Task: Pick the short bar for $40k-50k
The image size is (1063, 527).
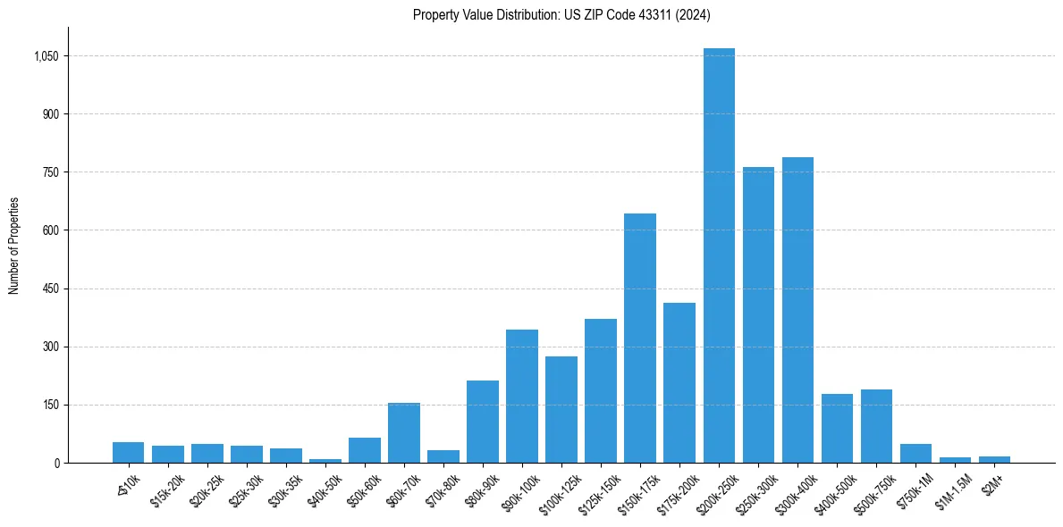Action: tap(325, 460)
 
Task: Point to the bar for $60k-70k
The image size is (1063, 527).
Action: tap(404, 433)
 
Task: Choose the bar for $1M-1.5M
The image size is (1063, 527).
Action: tap(955, 460)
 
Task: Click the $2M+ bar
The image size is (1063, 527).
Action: tap(994, 459)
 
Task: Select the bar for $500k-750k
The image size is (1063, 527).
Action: tap(876, 426)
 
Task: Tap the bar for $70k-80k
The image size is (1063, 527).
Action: tap(443, 456)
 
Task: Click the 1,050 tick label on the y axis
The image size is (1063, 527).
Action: tap(46, 56)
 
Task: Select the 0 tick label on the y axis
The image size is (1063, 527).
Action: tap(56, 463)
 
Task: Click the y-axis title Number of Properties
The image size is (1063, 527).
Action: tap(14, 245)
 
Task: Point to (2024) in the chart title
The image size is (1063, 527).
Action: tap(695, 14)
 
